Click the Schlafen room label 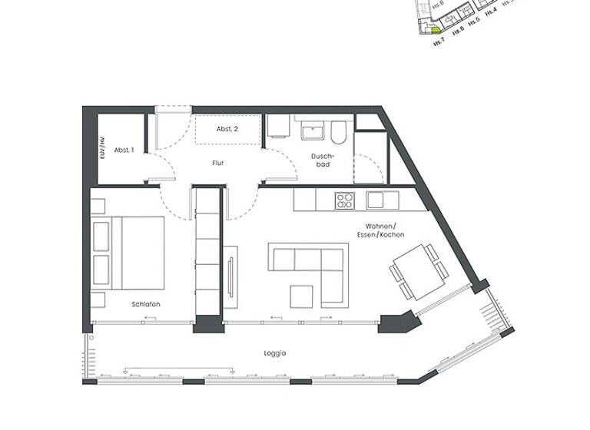point(145,305)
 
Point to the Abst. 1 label point(124,150)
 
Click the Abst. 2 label point(227,129)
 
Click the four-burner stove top point(344,200)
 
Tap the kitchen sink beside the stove point(382,200)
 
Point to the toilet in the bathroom point(339,133)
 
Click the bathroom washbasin point(313,133)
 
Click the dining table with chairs point(414,272)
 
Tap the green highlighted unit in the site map point(434,31)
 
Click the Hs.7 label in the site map point(436,44)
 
